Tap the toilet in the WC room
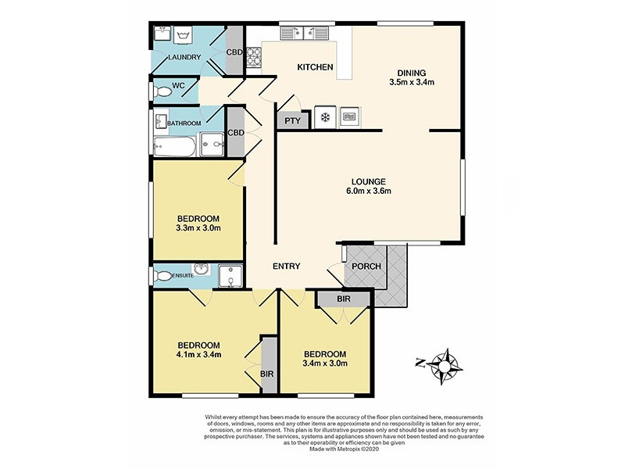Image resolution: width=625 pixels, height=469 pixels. point(163,91)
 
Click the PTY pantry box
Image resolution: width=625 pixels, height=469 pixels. point(291,120)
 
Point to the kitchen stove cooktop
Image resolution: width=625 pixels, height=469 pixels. point(254,56)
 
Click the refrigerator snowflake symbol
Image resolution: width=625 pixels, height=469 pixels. point(323,118)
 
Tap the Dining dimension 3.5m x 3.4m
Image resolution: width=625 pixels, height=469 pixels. point(411,82)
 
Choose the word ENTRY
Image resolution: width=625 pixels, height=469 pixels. point(286,267)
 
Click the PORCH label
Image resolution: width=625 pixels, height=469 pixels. point(366,267)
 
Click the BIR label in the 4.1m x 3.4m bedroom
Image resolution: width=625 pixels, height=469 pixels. point(266,374)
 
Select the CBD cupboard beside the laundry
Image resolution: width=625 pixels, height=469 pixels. point(234,52)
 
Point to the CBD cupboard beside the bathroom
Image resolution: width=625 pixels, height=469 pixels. point(235,133)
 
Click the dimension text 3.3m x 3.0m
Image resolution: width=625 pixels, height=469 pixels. point(198,228)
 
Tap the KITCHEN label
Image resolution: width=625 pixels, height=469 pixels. point(315,68)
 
